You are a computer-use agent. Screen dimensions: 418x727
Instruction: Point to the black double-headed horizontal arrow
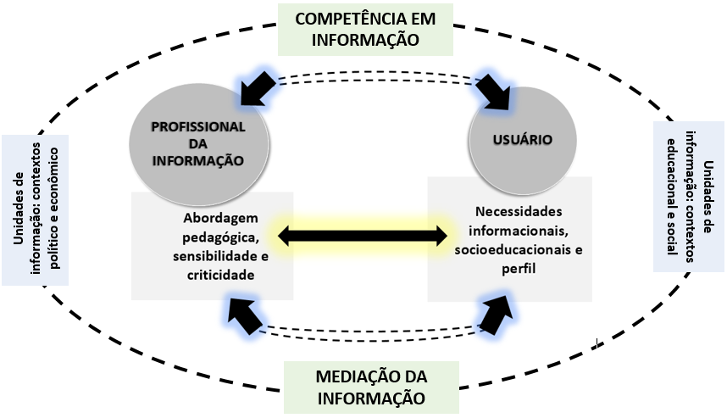point(363,235)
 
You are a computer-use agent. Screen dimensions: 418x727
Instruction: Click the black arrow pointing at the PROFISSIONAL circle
point(257,86)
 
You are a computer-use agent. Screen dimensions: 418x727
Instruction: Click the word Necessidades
point(519,211)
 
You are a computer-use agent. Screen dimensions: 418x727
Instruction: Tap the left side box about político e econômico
point(36,209)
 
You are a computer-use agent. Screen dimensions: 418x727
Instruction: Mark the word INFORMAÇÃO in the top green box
point(366,38)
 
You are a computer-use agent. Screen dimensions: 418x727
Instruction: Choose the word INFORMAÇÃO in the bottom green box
point(371,396)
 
